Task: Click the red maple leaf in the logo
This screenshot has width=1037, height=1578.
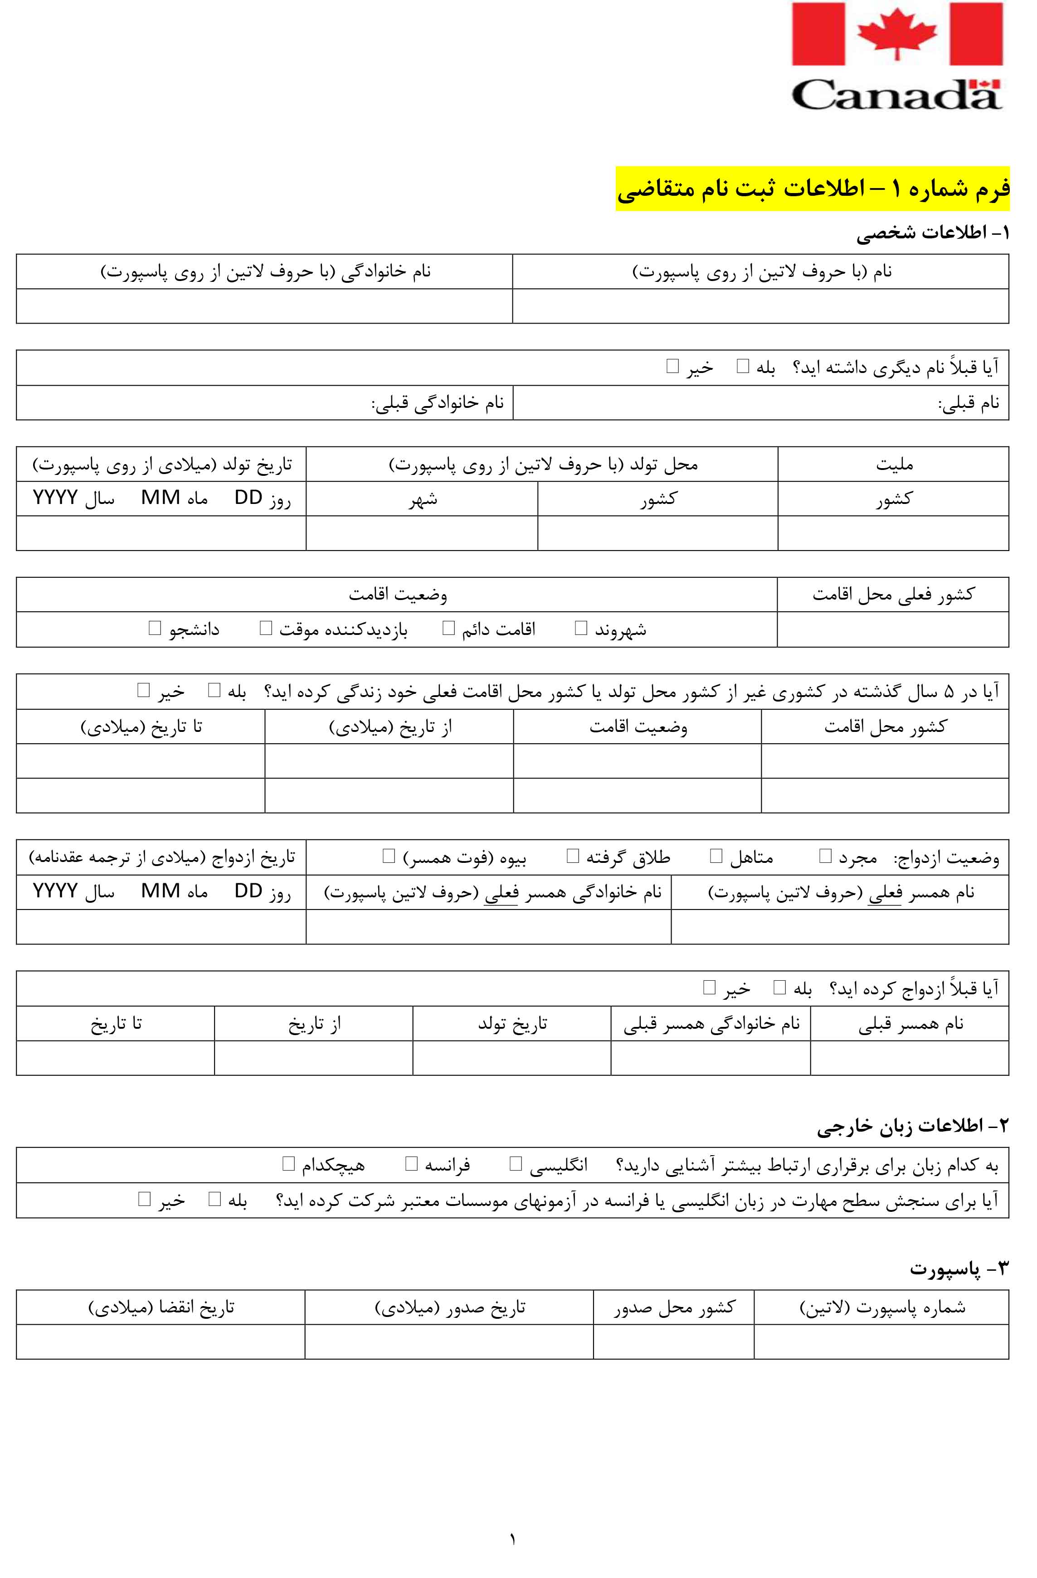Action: [x=897, y=33]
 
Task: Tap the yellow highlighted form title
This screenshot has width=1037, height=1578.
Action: [x=812, y=189]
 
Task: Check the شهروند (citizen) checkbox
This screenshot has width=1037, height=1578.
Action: [x=581, y=628]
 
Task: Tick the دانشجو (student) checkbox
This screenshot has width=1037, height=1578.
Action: [x=155, y=628]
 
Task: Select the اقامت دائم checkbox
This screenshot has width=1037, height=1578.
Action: [x=448, y=628]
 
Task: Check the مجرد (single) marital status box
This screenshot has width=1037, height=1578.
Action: [x=825, y=856]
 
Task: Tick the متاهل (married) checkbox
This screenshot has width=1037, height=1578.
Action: [x=716, y=856]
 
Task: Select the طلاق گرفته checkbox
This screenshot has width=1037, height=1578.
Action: [x=573, y=856]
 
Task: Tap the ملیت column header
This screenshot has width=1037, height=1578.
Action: [x=894, y=464]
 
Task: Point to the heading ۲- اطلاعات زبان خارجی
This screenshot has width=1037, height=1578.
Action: [x=912, y=1126]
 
